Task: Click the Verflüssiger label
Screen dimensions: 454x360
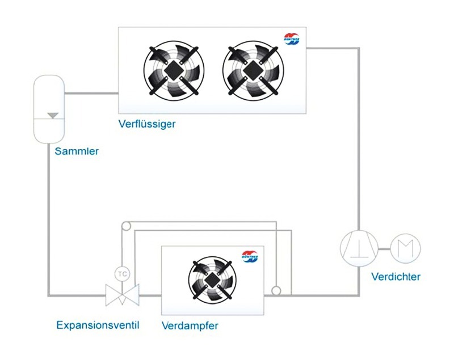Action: [x=147, y=124]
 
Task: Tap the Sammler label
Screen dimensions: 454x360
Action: [x=77, y=151]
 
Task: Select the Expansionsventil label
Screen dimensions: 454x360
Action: [x=98, y=325]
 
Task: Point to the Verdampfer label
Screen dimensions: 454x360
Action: [x=190, y=325]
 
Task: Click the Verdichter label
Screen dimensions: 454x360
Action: [x=396, y=277]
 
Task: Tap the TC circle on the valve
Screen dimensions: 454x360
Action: [x=122, y=273]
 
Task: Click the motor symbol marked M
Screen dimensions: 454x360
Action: [x=405, y=248]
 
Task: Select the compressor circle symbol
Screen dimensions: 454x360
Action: [x=359, y=248]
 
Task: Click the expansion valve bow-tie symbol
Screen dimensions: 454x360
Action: [x=122, y=295]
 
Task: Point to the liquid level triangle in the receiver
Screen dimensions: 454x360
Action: [x=53, y=115]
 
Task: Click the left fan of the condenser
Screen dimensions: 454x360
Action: [x=174, y=70]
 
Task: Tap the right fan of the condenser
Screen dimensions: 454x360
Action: [x=253, y=70]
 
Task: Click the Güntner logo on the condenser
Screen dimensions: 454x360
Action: [x=292, y=39]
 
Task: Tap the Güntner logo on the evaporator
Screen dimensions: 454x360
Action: [x=250, y=256]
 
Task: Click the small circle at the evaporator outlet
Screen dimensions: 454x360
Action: [x=276, y=291]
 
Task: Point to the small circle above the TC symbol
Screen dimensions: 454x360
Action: [x=126, y=226]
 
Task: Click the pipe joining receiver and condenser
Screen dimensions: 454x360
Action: [x=91, y=93]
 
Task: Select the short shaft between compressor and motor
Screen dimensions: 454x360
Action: [x=384, y=249]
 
